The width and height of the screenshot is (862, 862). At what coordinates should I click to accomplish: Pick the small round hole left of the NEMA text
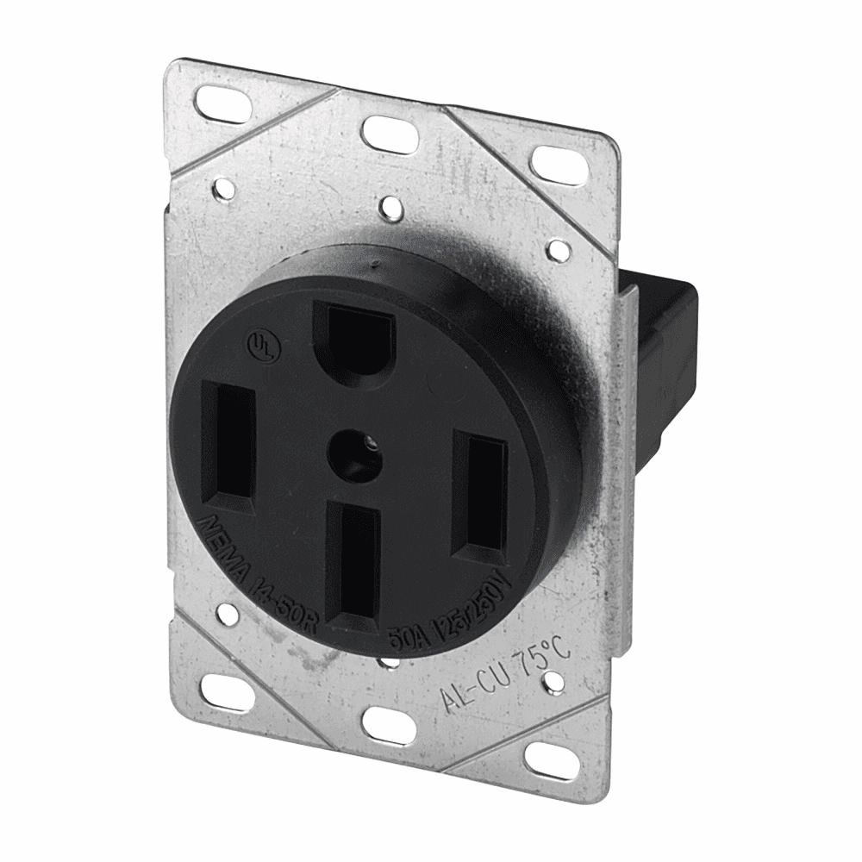tap(226, 615)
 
